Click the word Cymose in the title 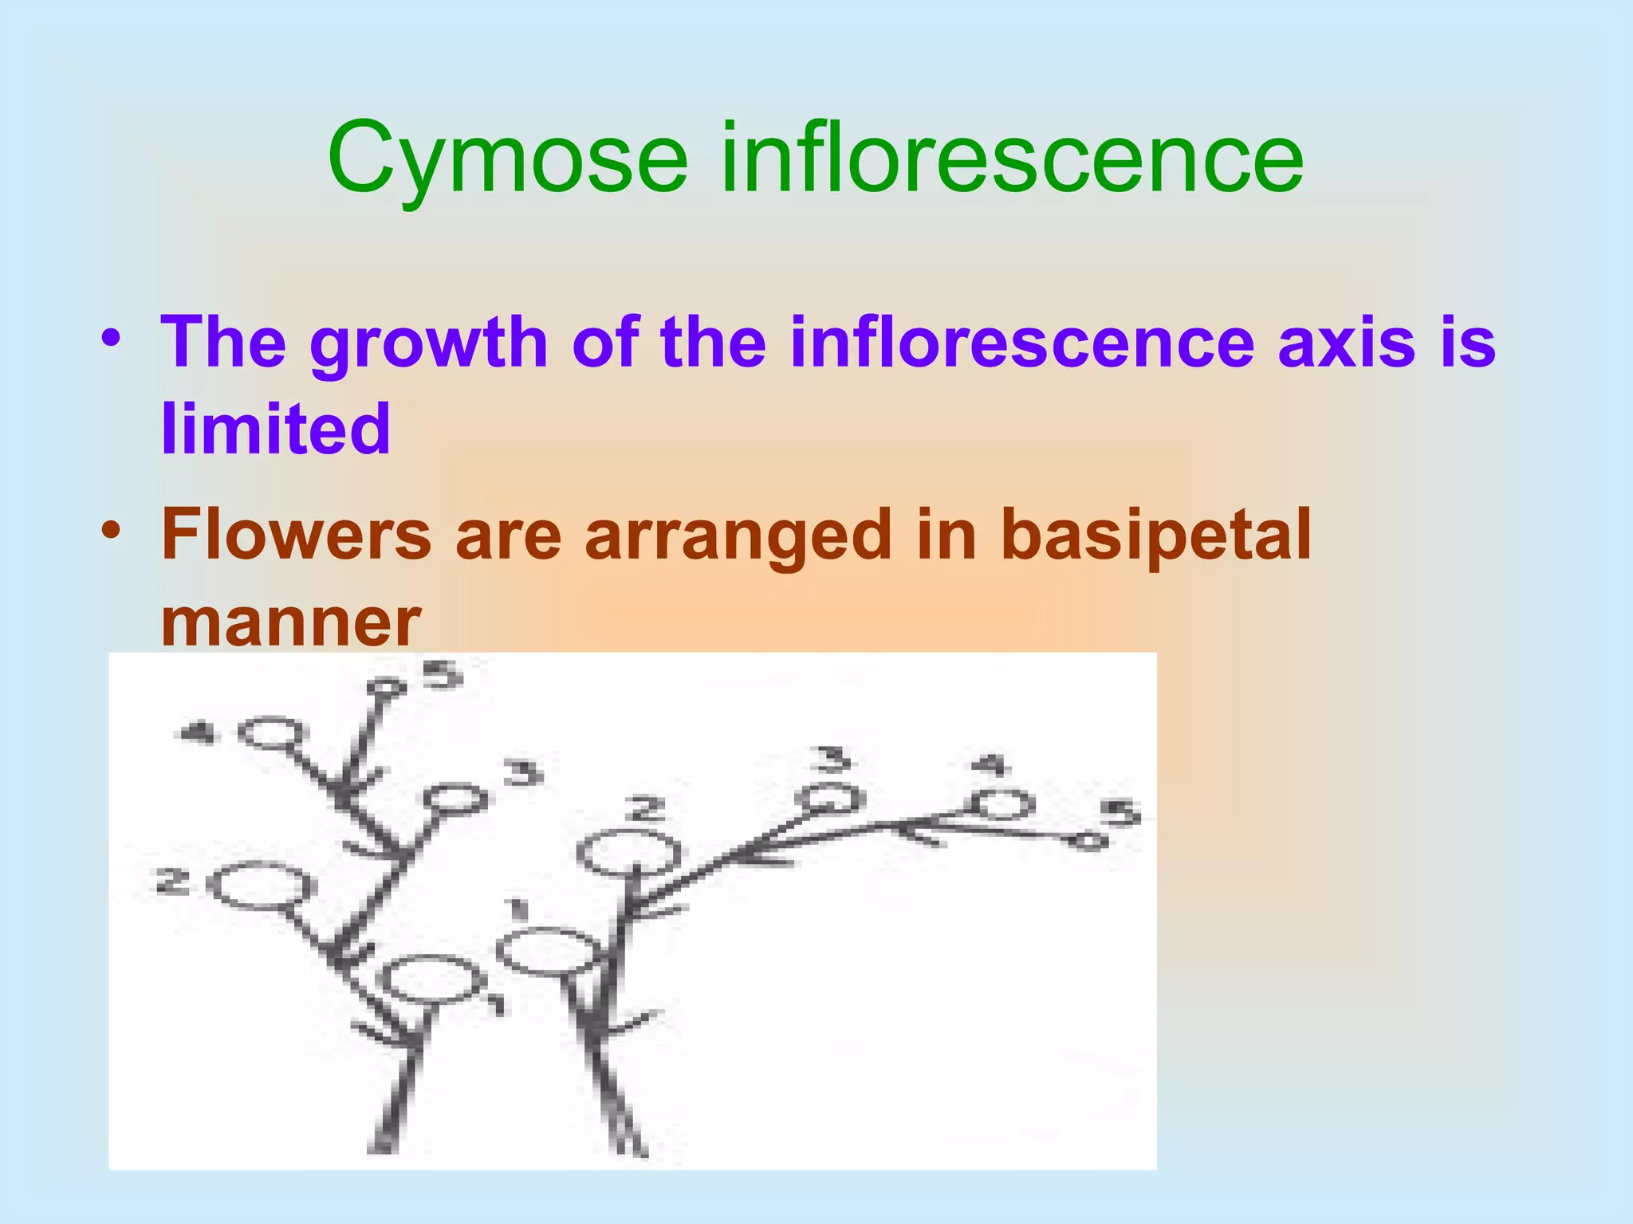(507, 159)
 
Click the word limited (276, 429)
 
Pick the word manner (290, 622)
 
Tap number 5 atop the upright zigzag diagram (442, 675)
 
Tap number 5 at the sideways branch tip (1120, 814)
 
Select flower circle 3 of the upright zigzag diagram (455, 798)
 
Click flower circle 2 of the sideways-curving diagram (628, 853)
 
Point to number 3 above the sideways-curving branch (833, 759)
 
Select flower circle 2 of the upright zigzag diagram (261, 886)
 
